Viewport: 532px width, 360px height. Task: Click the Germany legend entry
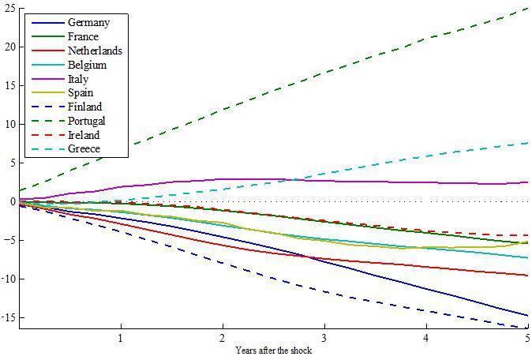[x=88, y=23]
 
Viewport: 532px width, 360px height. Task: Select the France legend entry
[x=84, y=37]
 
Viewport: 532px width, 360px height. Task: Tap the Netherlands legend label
[x=95, y=51]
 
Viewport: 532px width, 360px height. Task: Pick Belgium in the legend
[x=87, y=66]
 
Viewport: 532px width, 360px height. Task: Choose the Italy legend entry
[x=79, y=79]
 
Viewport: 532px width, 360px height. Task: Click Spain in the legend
[x=81, y=93]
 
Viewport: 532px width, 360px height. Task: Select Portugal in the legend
[x=87, y=122]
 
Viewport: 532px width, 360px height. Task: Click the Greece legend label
[x=84, y=149]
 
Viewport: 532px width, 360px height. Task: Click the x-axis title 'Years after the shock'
[x=272, y=350]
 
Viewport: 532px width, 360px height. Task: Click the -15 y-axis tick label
[x=8, y=317]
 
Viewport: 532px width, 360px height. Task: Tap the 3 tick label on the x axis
[x=324, y=338]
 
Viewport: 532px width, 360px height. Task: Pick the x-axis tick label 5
[x=526, y=338]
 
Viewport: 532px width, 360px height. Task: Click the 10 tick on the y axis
[x=9, y=124]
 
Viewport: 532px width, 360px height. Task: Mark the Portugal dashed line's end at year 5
[x=527, y=9]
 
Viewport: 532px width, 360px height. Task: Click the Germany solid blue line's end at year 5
[x=527, y=316]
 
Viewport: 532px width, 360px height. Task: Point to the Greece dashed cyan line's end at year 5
[x=527, y=143]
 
